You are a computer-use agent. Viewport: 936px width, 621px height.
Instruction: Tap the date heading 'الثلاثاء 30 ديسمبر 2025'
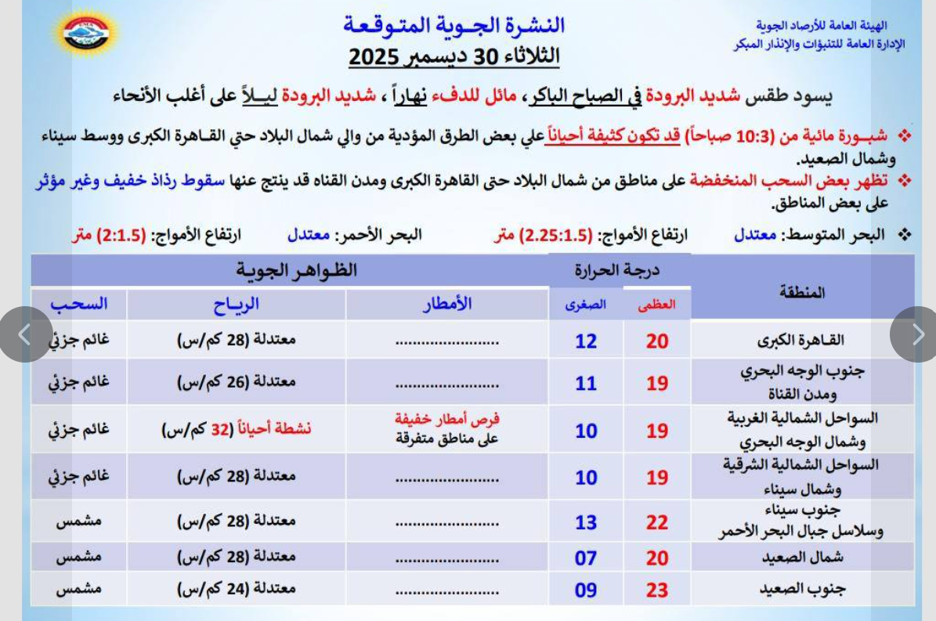[x=454, y=56]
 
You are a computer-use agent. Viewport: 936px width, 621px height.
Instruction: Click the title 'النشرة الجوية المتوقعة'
[x=454, y=25]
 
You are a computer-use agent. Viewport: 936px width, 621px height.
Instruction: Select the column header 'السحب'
[x=78, y=304]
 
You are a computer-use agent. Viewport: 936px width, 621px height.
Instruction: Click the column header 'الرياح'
[x=237, y=304]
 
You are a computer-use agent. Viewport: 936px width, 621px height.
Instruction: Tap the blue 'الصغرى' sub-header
[x=586, y=307]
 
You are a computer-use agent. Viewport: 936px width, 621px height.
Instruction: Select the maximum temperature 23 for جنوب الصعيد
[x=657, y=589]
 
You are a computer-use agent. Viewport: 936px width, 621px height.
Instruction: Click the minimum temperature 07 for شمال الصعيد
[x=586, y=558]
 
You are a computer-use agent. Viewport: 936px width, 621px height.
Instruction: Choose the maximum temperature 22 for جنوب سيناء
[x=657, y=522]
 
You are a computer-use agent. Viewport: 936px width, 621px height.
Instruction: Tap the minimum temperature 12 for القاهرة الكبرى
[x=586, y=341]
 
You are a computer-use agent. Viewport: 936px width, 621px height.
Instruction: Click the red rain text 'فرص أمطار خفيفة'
[x=447, y=421]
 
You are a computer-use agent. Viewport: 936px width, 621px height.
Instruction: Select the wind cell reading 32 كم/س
[x=237, y=430]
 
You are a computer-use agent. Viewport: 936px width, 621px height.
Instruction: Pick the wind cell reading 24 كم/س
[x=237, y=589]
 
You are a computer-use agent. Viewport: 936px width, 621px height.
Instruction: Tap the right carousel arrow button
[x=917, y=334]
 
